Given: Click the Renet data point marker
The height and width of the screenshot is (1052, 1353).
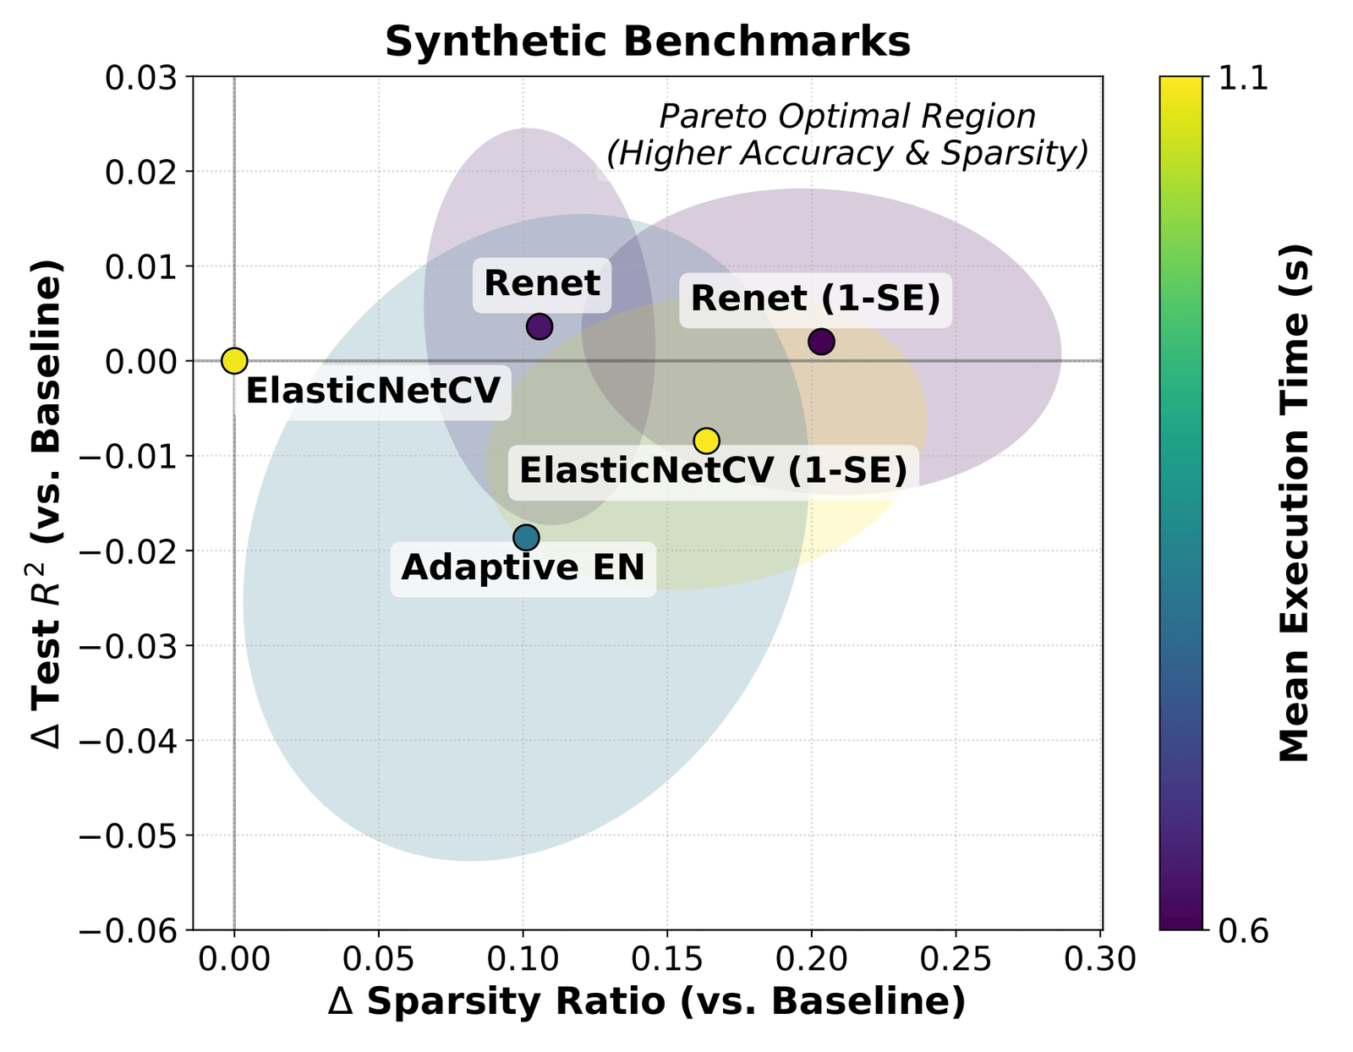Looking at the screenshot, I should pos(540,326).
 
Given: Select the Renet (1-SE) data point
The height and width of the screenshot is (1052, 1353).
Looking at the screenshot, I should pos(821,342).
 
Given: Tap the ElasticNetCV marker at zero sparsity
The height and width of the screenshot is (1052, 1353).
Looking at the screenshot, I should pos(234,360).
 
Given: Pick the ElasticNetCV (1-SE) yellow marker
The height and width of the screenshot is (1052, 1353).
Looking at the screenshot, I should pos(706,440).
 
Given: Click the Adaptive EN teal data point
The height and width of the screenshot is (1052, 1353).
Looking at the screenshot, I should pos(526,537).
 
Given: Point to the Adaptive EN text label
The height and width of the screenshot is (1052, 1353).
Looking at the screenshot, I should pos(523,567).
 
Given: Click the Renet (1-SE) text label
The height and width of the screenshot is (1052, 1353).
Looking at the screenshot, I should pos(815,299).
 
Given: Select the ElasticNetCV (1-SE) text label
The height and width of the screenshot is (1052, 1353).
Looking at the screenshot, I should pos(713,470).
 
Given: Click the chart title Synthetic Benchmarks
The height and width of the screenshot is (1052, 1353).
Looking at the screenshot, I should pos(648,42).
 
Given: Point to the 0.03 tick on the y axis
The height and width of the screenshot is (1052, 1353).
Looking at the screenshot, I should pos(145,77).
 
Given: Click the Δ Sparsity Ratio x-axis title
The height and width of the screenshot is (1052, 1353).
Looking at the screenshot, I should pos(647,1002).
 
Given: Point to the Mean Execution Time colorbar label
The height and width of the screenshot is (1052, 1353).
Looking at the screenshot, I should pos(1293,503).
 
